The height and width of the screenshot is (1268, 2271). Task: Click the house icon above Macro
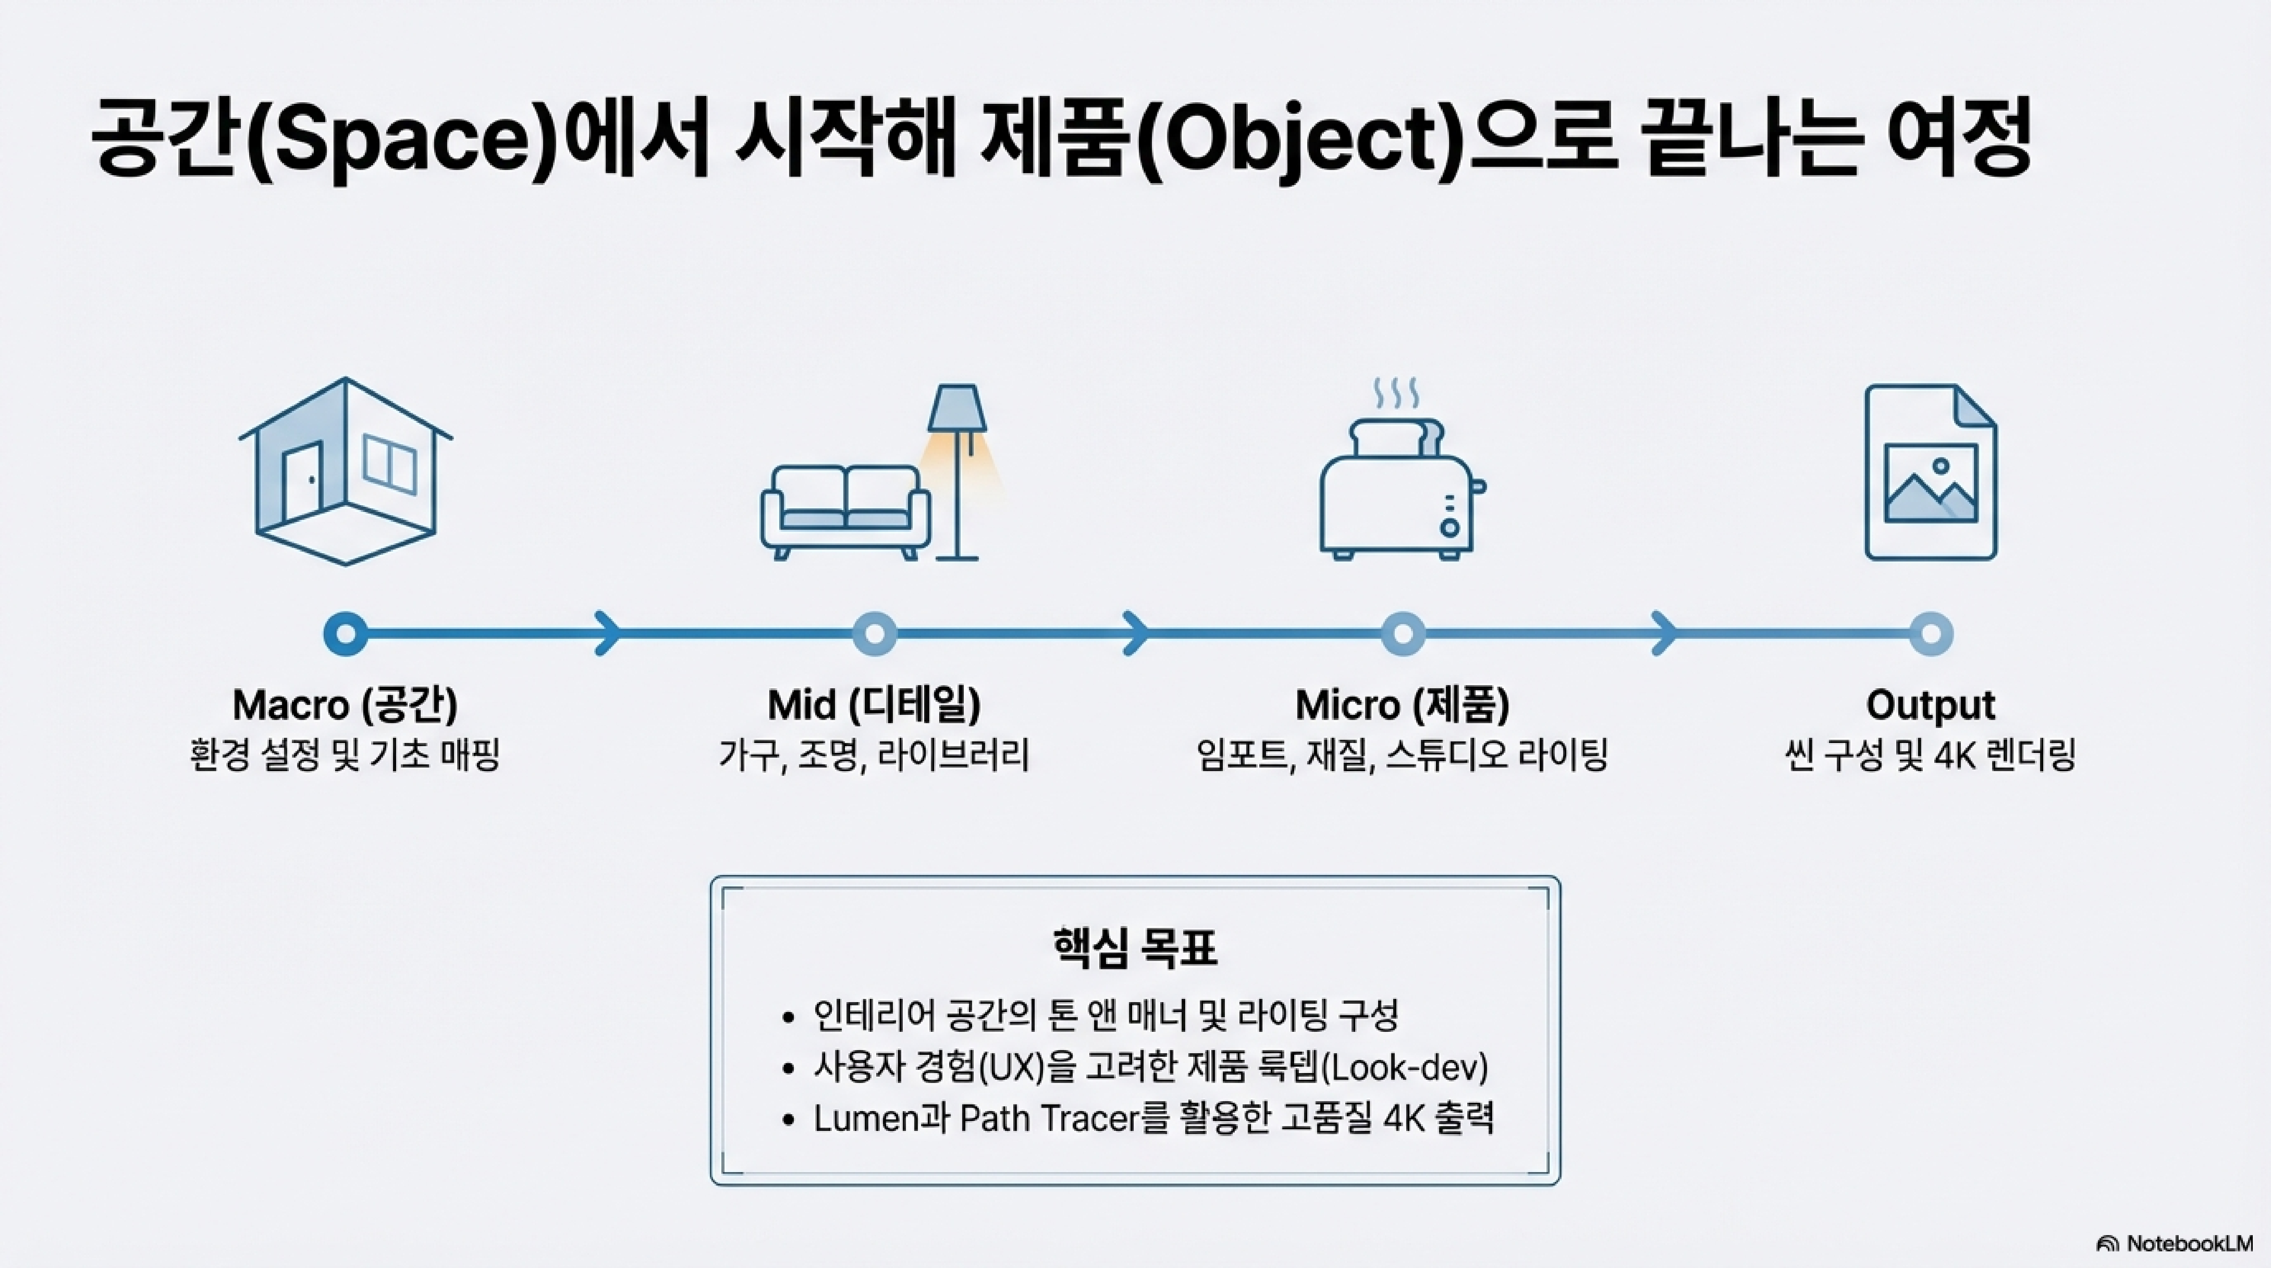[345, 472]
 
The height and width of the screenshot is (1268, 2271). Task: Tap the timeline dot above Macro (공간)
[345, 634]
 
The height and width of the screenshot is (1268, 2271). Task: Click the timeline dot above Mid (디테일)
[875, 634]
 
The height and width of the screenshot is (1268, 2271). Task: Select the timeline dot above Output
[1931, 634]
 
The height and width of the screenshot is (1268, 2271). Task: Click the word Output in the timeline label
[1931, 705]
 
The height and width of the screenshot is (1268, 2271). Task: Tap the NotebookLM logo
[2174, 1243]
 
